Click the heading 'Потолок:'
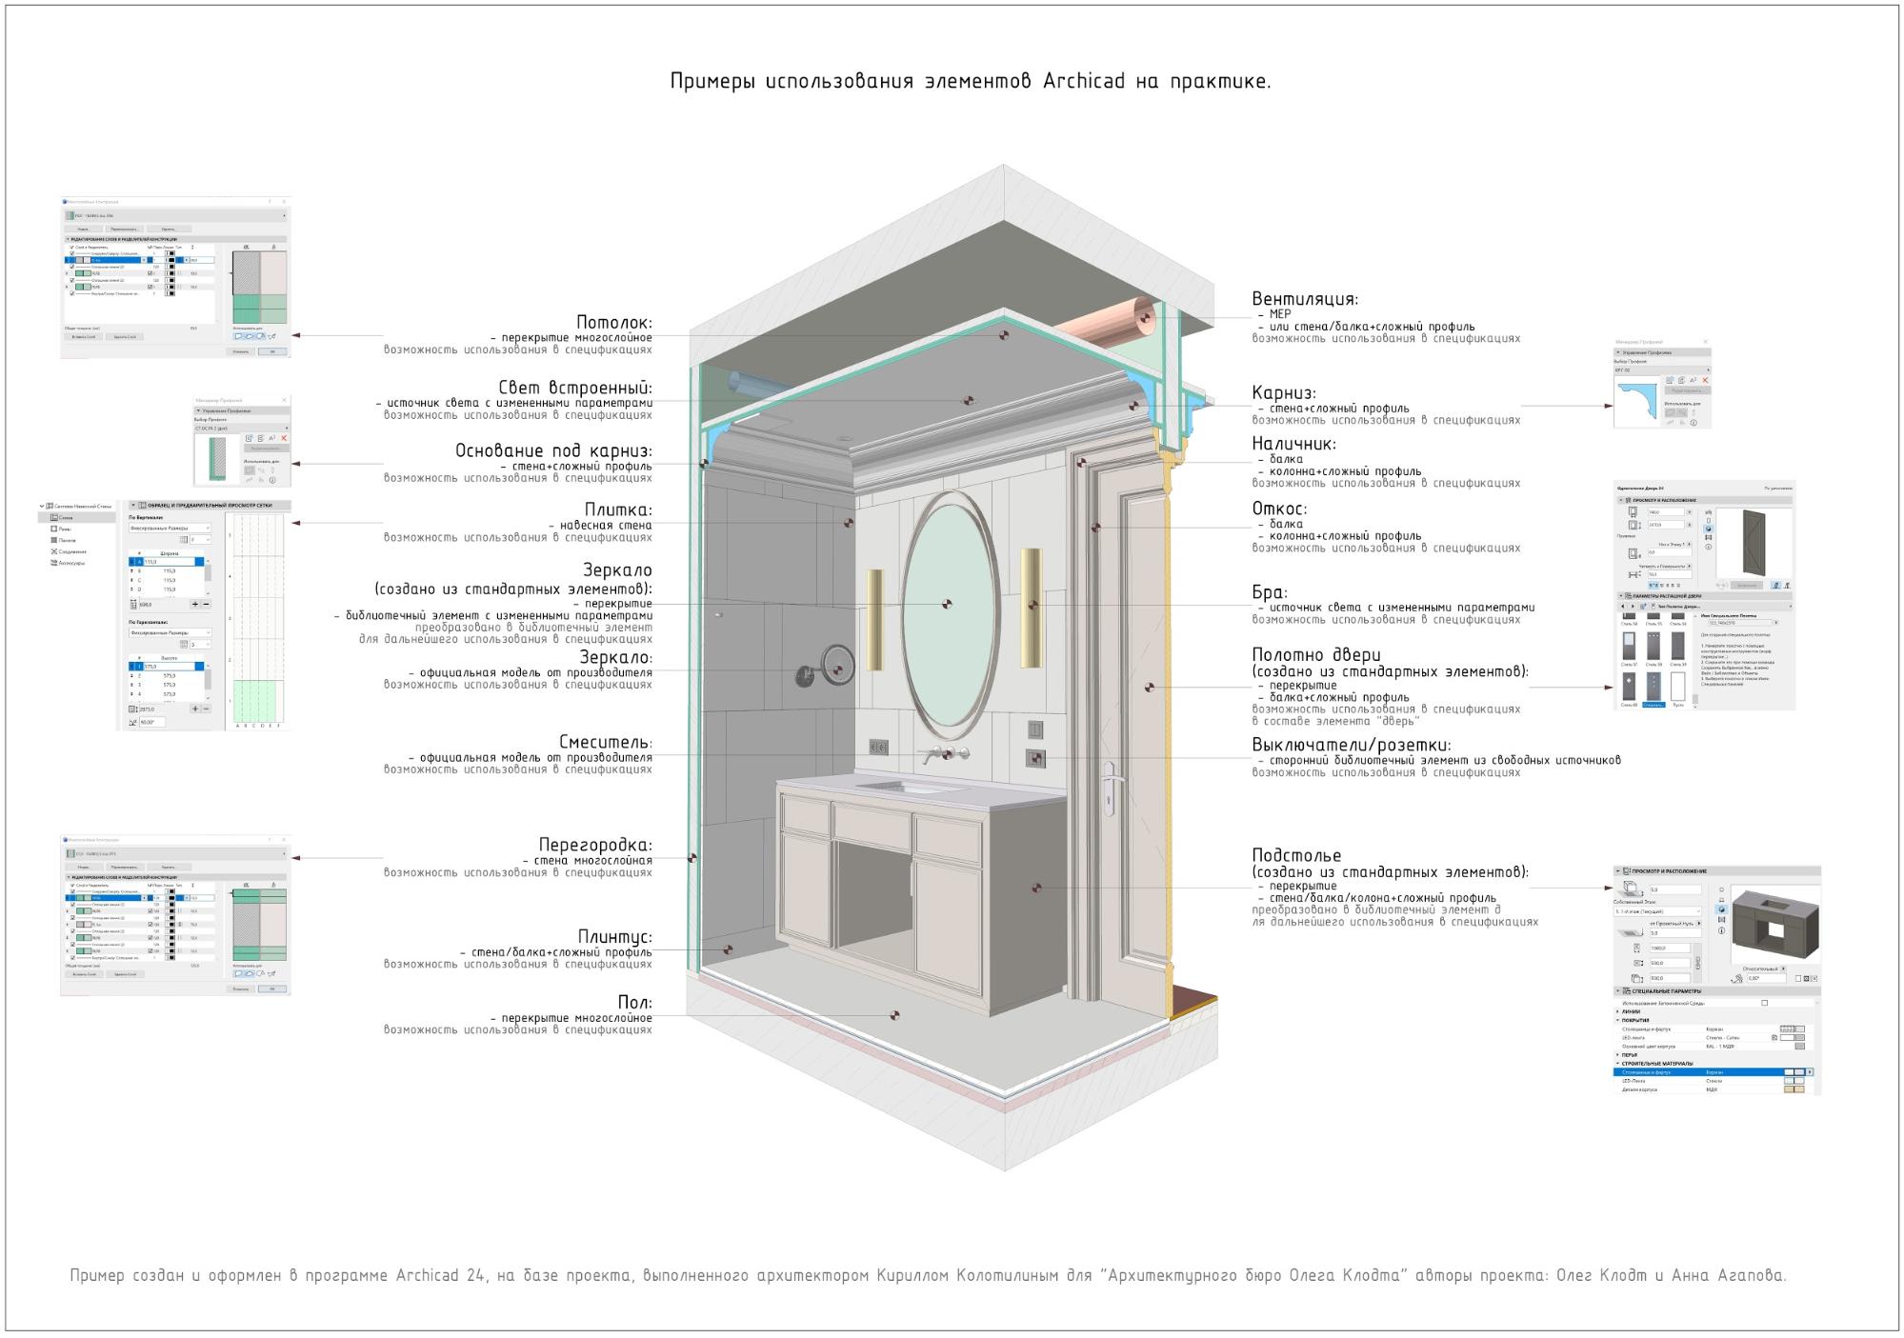614,323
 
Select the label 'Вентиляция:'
1305,299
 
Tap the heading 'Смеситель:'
606,743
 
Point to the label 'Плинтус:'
615,937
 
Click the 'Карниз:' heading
1284,393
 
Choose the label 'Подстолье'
1296,855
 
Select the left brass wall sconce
874,619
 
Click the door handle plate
1108,788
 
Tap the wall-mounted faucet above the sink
943,755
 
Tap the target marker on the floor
893,1015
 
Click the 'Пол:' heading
635,1003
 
